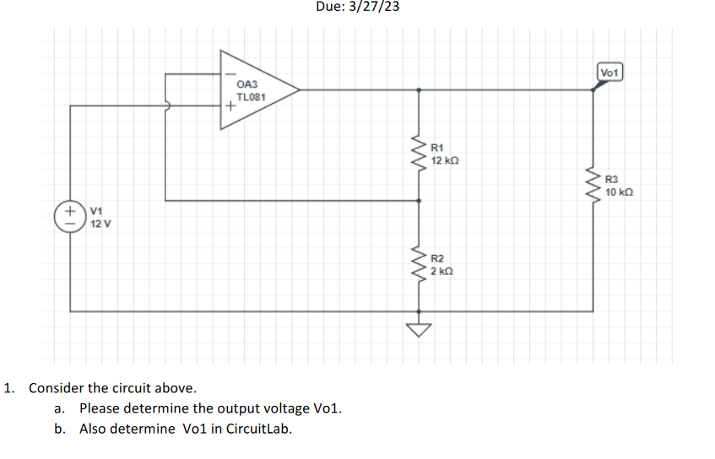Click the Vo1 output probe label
[609, 73]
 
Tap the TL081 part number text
[251, 97]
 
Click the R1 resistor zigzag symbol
[420, 152]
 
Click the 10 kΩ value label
[619, 192]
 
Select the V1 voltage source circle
[70, 215]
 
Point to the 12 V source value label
[100, 224]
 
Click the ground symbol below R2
[420, 328]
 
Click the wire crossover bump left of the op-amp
[168, 106]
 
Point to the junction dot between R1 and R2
[420, 201]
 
